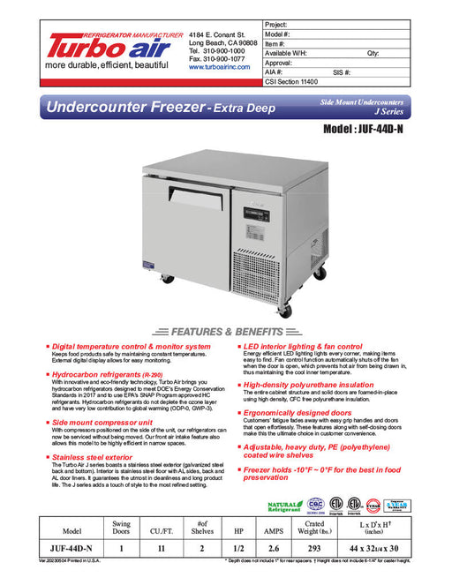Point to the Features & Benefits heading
[x=225, y=332]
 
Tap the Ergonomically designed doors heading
[x=300, y=412]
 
